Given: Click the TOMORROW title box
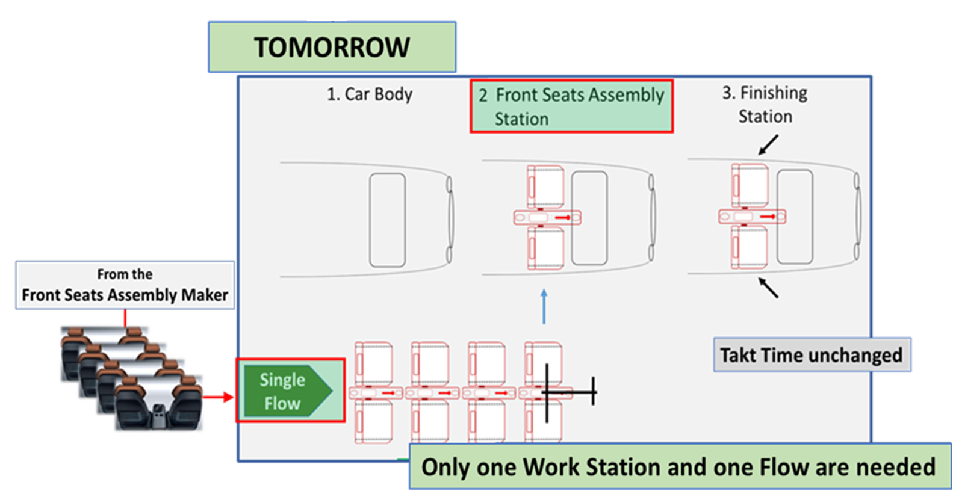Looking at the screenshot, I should (x=332, y=48).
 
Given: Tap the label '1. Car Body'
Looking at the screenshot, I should (x=369, y=94).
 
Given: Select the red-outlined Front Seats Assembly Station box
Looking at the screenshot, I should (x=571, y=106).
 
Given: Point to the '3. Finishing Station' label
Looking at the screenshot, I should (x=765, y=104).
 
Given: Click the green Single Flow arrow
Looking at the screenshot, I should (x=287, y=391).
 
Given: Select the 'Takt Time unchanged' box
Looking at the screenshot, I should (x=812, y=355).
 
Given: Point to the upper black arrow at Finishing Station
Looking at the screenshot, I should (x=768, y=144).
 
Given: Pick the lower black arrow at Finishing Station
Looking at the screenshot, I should (x=768, y=288).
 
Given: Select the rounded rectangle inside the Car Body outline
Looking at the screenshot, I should (x=387, y=220).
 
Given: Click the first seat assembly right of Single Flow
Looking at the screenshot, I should (x=374, y=393).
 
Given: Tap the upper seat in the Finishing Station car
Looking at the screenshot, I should (x=750, y=185).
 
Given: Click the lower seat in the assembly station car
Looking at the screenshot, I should (x=545, y=248).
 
